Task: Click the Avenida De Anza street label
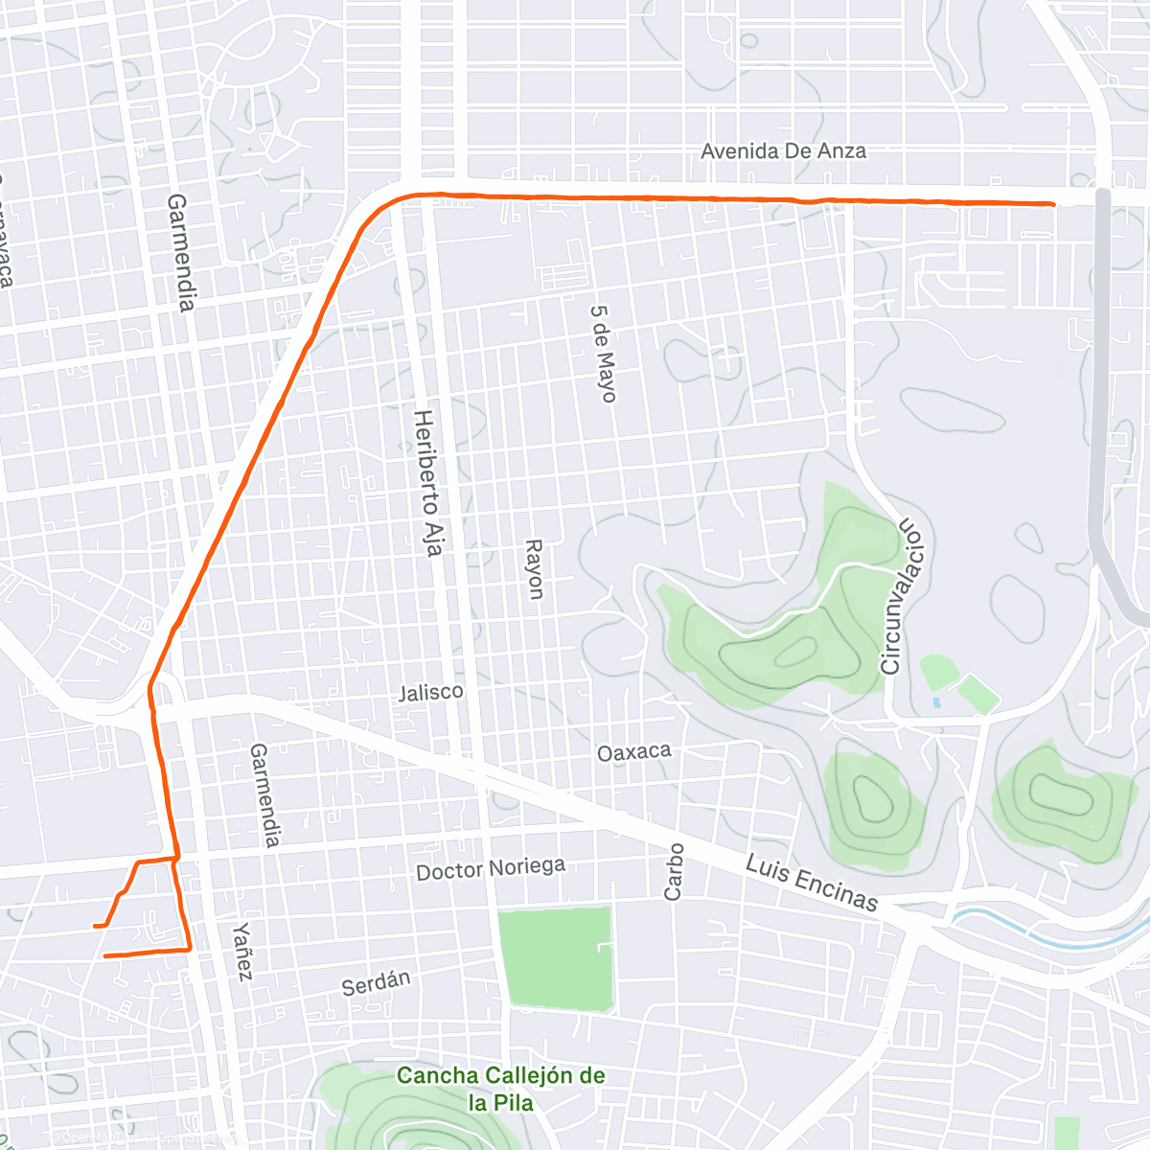[783, 150]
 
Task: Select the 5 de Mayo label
[603, 354]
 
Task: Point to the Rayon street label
[534, 569]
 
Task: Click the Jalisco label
[431, 691]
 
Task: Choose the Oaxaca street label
[633, 752]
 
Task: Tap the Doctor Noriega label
[491, 868]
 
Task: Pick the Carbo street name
[675, 871]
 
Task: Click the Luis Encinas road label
[812, 883]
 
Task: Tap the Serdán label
[376, 982]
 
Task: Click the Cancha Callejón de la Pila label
[501, 1088]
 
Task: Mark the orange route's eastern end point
[1053, 204]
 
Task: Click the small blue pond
[936, 702]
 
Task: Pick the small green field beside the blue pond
[977, 693]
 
